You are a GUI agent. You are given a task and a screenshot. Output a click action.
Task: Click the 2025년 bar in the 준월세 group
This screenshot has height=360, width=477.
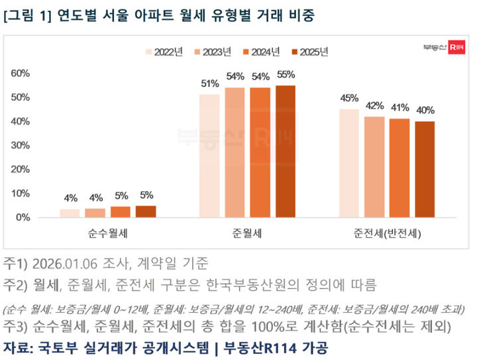pyautogui.click(x=286, y=151)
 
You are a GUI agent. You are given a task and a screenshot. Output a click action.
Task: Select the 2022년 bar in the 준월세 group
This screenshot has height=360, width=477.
pyautogui.click(x=209, y=156)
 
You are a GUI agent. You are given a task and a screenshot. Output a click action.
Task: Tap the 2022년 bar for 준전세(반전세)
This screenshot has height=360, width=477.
pyautogui.click(x=348, y=163)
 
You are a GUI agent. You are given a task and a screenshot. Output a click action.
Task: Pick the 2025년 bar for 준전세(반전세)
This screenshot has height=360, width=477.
pyautogui.click(x=425, y=169)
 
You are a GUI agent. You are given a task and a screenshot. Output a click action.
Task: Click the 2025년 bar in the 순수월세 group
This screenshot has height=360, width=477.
pyautogui.click(x=146, y=211)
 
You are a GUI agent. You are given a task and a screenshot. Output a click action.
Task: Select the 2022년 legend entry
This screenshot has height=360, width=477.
pyautogui.click(x=164, y=52)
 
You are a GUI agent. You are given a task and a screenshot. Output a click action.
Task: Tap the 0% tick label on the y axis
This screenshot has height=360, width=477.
pyautogui.click(x=24, y=217)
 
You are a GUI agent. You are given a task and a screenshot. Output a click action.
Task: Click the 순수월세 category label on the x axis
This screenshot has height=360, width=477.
pyautogui.click(x=108, y=233)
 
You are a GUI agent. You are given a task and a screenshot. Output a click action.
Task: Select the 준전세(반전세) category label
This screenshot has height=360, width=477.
pyautogui.click(x=387, y=233)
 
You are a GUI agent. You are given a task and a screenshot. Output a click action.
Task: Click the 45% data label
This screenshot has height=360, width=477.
pyautogui.click(x=348, y=99)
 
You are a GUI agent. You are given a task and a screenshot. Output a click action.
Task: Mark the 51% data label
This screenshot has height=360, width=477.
pyautogui.click(x=209, y=84)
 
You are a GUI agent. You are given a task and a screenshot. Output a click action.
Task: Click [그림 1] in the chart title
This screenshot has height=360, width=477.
pyautogui.click(x=27, y=14)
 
